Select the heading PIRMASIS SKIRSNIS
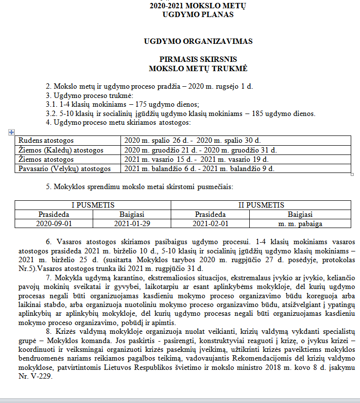pos(198,61)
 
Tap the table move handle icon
pos(11,132)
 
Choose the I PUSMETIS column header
pos(93,205)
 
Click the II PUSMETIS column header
pos(261,205)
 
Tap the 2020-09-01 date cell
pos(54,224)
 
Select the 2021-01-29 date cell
pos(132,224)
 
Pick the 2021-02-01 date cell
pos(210,224)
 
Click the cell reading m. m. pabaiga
pos(300,224)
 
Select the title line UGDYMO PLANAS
pos(198,14)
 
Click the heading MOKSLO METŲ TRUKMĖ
pos(198,69)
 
